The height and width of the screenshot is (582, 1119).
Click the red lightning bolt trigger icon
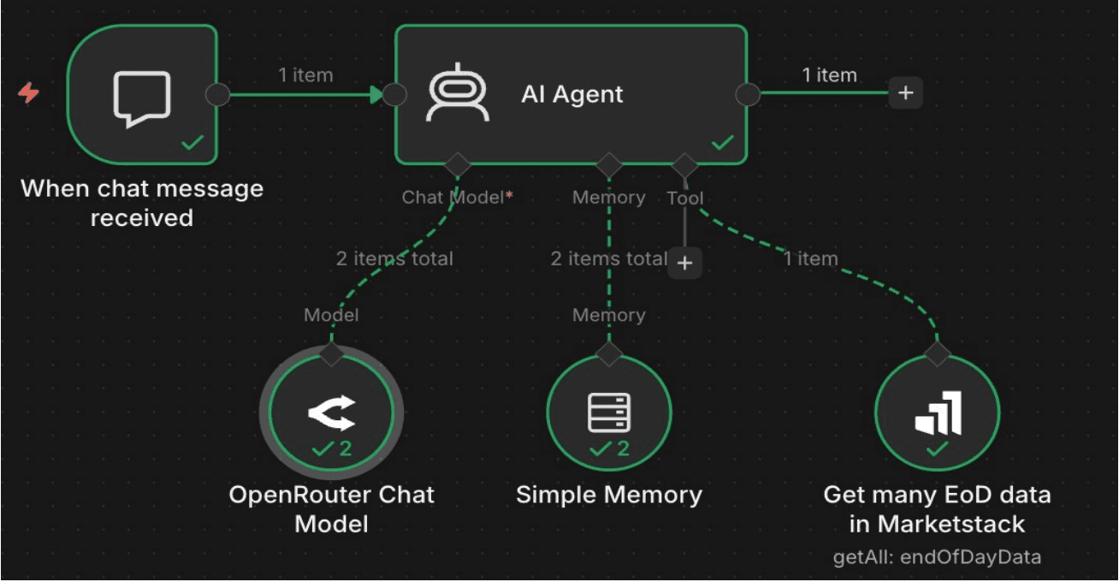[29, 93]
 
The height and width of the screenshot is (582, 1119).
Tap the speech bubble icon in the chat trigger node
[142, 98]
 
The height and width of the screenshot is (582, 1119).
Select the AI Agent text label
[572, 94]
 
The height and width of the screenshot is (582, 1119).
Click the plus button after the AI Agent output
[906, 92]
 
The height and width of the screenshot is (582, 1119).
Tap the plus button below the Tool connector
[684, 263]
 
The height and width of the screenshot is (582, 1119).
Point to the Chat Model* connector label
[458, 198]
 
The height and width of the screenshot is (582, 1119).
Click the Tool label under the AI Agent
[685, 199]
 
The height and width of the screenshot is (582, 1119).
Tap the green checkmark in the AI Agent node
[723, 143]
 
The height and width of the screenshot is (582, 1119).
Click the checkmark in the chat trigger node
[193, 143]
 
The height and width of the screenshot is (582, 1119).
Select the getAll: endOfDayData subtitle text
[937, 557]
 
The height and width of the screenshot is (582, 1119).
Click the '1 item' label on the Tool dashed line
[810, 258]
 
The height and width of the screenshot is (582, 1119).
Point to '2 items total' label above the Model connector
[394, 258]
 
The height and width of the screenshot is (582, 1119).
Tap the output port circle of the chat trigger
[218, 94]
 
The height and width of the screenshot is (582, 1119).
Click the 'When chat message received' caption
[142, 203]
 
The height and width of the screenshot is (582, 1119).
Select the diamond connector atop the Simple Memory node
[608, 353]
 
